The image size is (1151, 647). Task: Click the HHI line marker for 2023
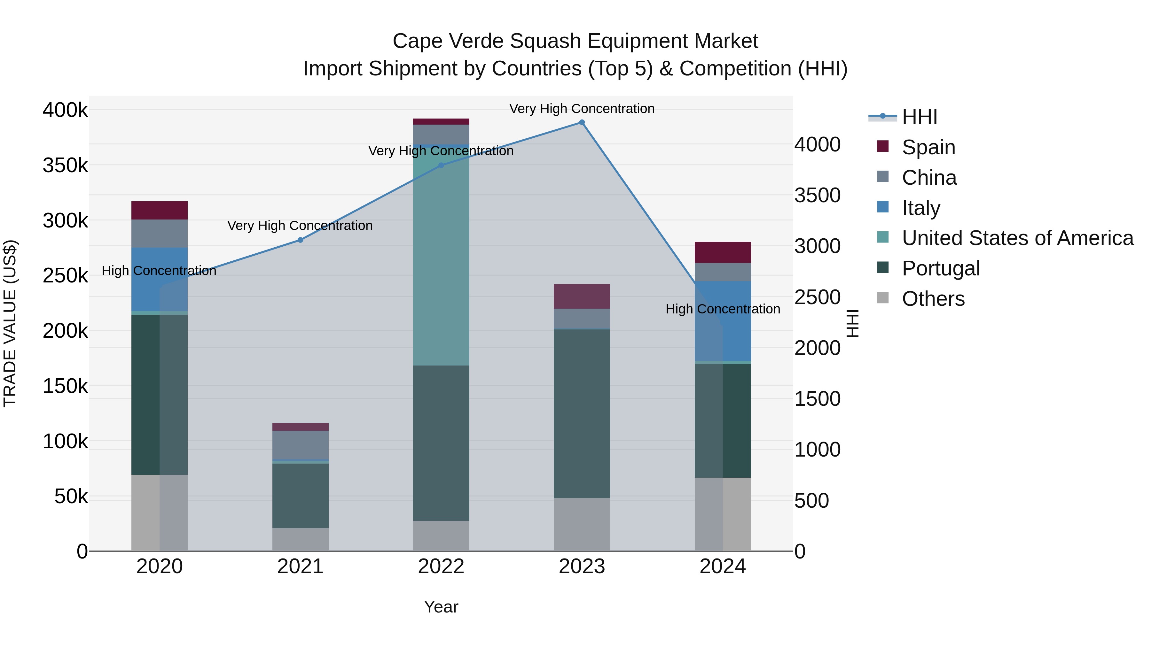click(582, 122)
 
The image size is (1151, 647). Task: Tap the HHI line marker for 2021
click(300, 240)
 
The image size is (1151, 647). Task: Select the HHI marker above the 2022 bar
click(441, 165)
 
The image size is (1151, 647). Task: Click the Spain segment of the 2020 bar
click(160, 210)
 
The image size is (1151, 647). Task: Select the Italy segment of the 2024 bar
click(723, 321)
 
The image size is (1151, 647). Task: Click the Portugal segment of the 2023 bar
click(582, 413)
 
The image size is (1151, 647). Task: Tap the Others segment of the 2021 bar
click(300, 539)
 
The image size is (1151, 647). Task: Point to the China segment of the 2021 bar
click(300, 445)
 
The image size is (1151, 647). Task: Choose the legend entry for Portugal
click(941, 269)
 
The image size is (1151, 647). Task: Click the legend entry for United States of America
click(1017, 238)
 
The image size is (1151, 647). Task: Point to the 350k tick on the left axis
click(65, 166)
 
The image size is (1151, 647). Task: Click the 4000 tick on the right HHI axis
click(817, 145)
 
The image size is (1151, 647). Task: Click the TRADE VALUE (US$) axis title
click(10, 323)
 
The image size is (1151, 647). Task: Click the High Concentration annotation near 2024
click(723, 309)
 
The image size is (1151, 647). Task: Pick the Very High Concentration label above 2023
click(582, 109)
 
